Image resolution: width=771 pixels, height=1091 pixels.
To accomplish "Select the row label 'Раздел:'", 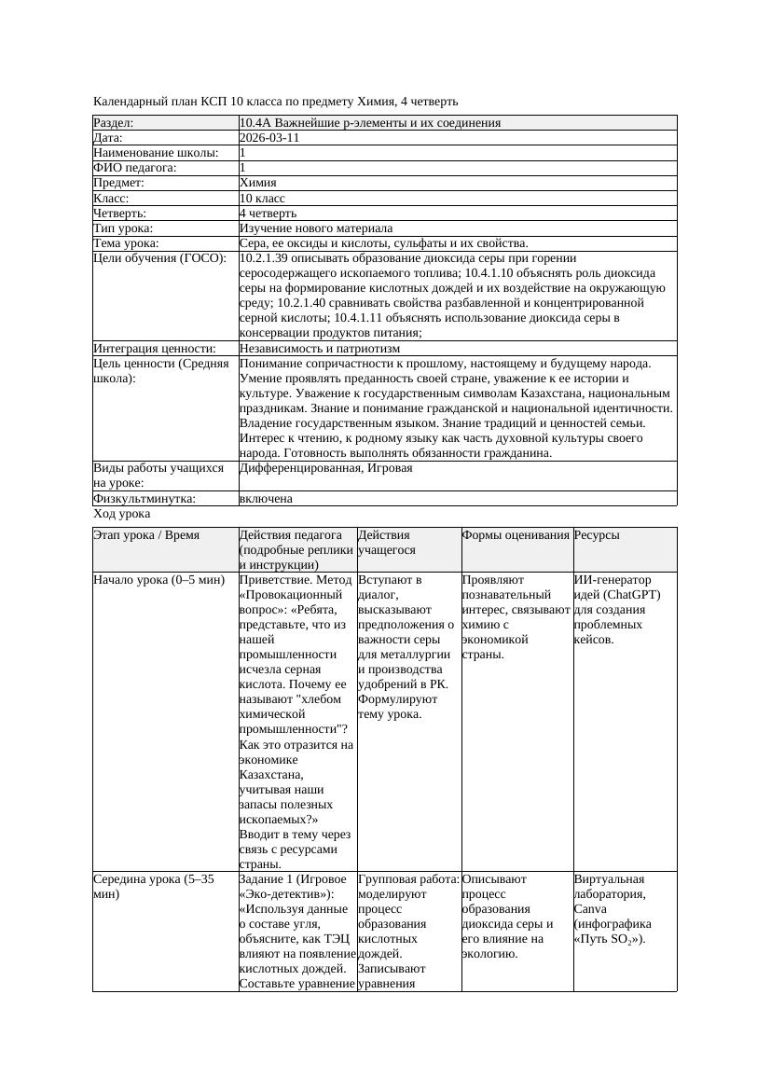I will point(114,123).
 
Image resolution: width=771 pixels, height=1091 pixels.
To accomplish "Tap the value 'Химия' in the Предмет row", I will point(257,183).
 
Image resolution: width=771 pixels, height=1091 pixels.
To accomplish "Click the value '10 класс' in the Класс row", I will point(262,199).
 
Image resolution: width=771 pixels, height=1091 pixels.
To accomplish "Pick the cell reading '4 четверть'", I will point(267,214).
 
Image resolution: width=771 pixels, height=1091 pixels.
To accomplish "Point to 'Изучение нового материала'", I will point(315,228).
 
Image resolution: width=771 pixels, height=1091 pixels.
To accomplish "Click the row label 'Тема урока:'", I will point(126,243).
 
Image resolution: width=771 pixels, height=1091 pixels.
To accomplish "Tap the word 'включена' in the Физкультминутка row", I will point(266,499).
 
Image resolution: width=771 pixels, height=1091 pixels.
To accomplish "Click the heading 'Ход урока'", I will point(122,514).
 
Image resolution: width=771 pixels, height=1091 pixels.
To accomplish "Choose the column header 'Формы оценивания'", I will point(516,535).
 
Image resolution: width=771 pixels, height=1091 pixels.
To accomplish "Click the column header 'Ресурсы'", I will point(597,535).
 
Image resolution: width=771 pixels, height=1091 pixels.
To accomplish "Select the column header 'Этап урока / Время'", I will point(146,535).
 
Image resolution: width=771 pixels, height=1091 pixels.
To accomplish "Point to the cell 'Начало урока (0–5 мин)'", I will point(158,580).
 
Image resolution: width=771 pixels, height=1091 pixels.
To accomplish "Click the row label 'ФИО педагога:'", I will point(135,168).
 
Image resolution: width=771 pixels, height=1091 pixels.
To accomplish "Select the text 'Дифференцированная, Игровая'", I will point(325,468).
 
